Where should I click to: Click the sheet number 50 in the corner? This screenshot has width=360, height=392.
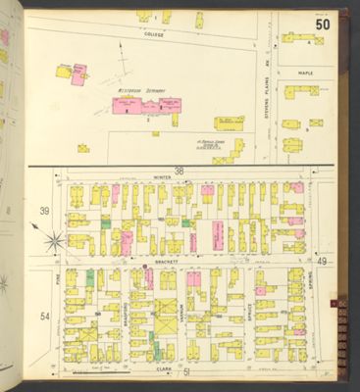[322, 24]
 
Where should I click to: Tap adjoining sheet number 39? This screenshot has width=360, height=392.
[43, 212]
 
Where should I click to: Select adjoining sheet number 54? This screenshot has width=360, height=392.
[44, 317]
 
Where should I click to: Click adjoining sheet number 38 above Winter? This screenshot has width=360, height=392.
[179, 171]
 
